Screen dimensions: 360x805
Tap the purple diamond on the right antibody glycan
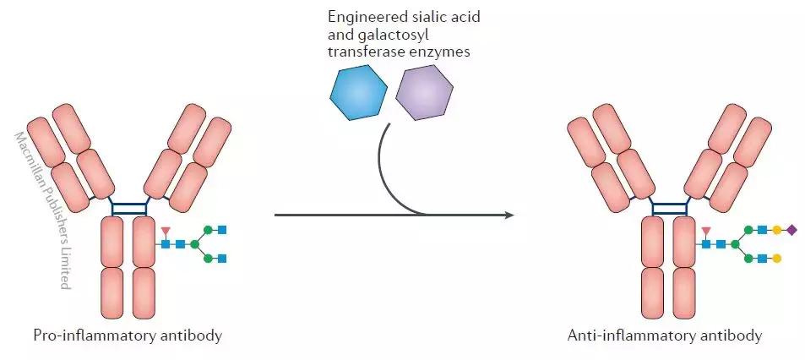click(x=791, y=229)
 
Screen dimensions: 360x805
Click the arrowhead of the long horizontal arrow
click(x=509, y=215)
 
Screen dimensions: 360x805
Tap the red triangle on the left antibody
click(x=166, y=230)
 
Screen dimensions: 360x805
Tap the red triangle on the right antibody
click(x=705, y=230)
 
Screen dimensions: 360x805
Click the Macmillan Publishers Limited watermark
click(x=42, y=211)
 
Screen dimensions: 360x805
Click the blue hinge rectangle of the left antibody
click(x=129, y=207)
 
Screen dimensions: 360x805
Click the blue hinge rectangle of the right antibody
click(x=668, y=207)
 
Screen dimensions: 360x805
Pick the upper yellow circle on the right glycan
click(x=776, y=229)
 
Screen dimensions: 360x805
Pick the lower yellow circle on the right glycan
click(x=776, y=258)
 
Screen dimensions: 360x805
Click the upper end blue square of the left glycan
click(x=223, y=229)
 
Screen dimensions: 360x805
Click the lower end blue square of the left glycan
click(x=223, y=258)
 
